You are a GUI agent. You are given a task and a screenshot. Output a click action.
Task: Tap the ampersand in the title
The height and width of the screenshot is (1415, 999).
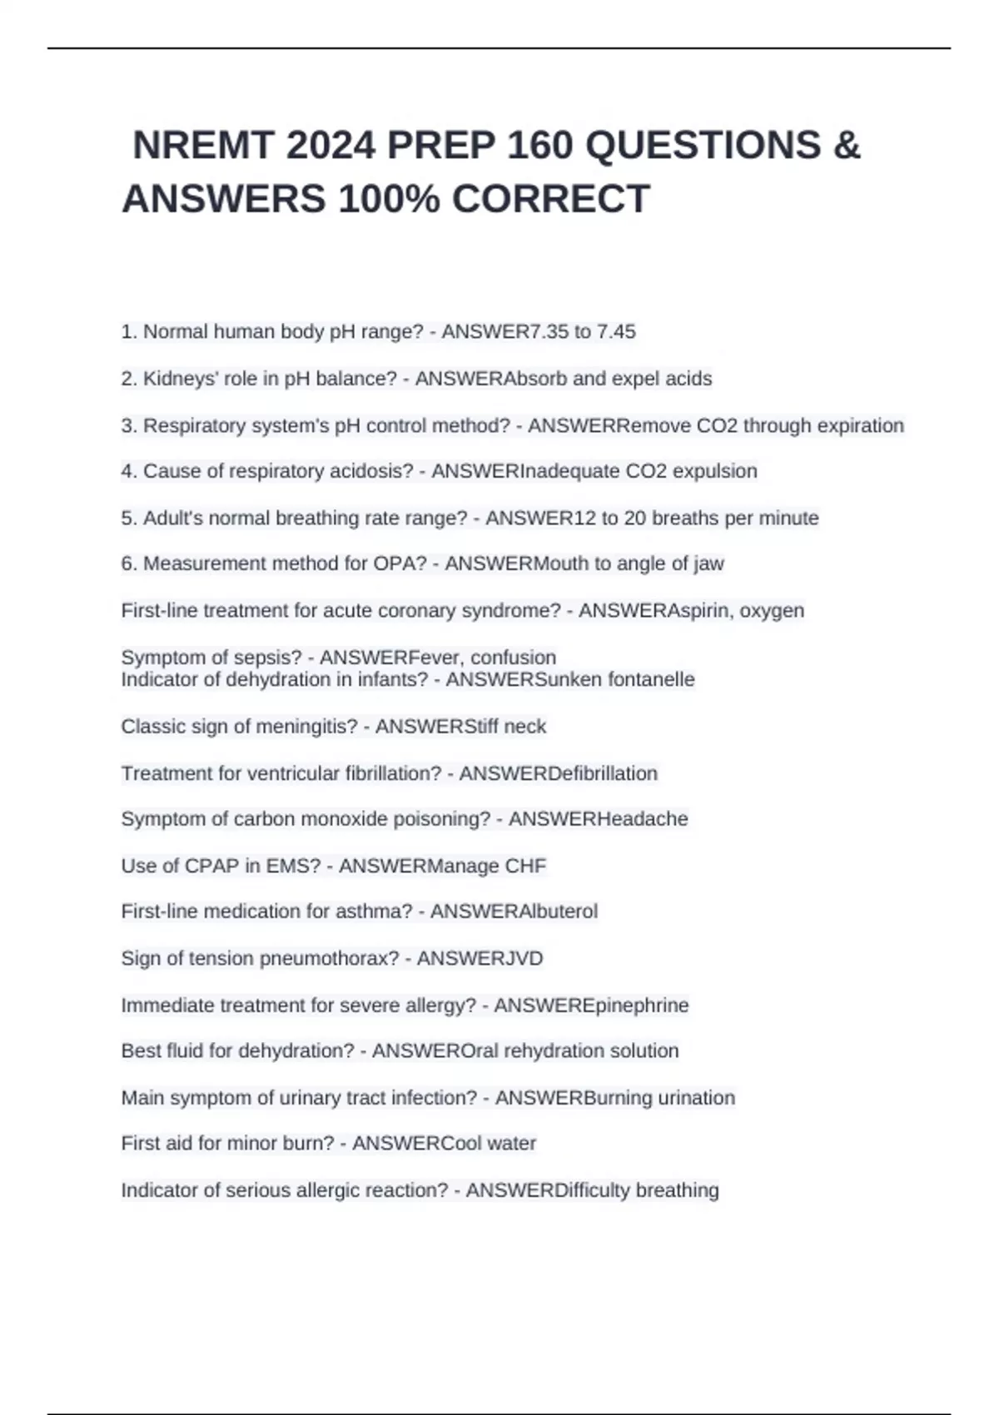pos(847,146)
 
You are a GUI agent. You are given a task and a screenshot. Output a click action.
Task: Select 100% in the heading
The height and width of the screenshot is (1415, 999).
pos(390,199)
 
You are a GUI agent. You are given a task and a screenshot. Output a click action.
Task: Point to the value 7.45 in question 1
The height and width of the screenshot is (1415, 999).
pos(616,331)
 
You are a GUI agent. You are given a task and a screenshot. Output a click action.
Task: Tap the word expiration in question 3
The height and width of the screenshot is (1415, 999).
pos(860,425)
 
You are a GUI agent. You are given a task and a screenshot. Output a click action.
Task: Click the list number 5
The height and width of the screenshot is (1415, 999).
pos(128,518)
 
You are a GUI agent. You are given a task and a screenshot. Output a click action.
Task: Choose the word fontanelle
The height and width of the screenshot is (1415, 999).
pos(651,679)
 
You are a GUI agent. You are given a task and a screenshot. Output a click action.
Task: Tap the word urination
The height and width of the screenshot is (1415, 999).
pos(696,1098)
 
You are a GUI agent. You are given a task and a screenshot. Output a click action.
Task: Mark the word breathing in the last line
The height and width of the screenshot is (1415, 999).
pos(677,1190)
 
